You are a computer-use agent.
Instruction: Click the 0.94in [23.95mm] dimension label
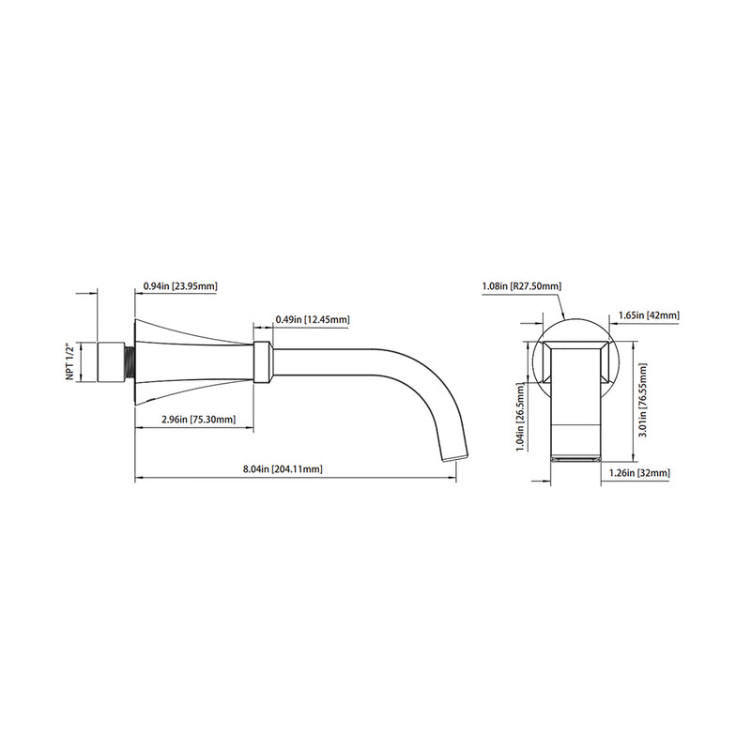pyautogui.click(x=180, y=286)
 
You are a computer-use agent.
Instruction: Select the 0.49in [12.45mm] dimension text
pyautogui.click(x=313, y=320)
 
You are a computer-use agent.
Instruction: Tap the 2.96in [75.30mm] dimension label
pyautogui.click(x=196, y=420)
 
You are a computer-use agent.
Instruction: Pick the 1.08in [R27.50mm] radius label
pyautogui.click(x=521, y=285)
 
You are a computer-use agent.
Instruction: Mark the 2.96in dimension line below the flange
pyautogui.click(x=196, y=429)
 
